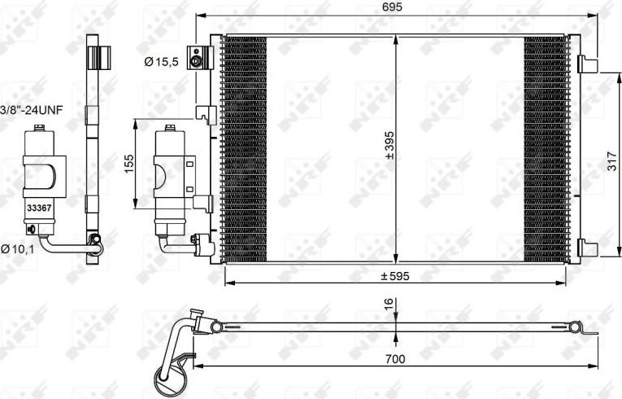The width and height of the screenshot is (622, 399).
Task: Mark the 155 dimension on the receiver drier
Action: [128, 164]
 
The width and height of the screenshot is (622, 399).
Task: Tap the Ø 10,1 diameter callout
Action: [17, 248]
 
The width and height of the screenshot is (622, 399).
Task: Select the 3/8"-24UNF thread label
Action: [31, 108]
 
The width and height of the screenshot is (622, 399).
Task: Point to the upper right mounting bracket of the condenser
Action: [585, 63]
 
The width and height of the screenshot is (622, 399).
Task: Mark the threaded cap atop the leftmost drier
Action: [37, 129]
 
